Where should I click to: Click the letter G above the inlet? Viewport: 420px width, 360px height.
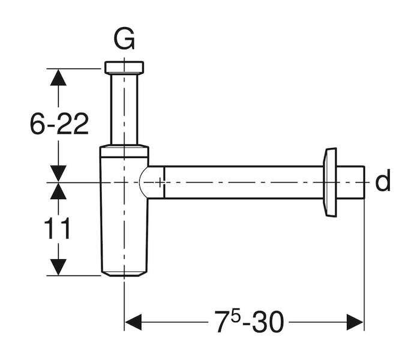click(x=124, y=39)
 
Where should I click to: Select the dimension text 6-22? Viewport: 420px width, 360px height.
click(x=59, y=124)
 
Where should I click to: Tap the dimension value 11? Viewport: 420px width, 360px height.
click(x=57, y=228)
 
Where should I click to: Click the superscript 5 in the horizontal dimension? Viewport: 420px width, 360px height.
click(x=235, y=317)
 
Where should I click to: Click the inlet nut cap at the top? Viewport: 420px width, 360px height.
click(x=124, y=67)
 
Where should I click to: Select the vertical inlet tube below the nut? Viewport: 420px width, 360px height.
click(x=124, y=109)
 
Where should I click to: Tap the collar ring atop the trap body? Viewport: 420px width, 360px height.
click(x=124, y=151)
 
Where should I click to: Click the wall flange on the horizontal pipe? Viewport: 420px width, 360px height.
click(x=330, y=182)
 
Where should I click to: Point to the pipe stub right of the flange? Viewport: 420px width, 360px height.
click(x=350, y=182)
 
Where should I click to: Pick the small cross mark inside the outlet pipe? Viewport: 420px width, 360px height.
click(x=160, y=182)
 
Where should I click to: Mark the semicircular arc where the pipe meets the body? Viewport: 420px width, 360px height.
click(x=140, y=182)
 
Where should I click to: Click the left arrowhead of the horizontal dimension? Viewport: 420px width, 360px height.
click(x=133, y=322)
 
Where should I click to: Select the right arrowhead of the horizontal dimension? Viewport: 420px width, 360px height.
click(x=355, y=322)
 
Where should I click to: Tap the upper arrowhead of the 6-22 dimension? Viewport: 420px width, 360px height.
click(x=58, y=77)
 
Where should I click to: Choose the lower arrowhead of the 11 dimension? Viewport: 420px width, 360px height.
click(x=58, y=268)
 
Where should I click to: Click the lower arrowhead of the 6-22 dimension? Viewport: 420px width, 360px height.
click(x=58, y=174)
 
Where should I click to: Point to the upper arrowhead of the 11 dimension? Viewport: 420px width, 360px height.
click(x=58, y=191)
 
